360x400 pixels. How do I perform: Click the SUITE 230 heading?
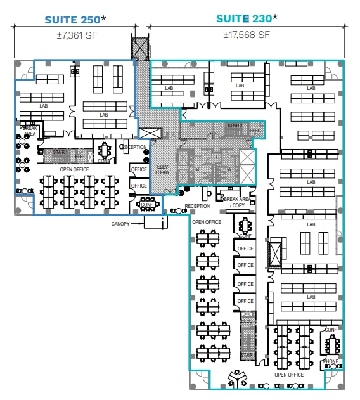pos(247,19)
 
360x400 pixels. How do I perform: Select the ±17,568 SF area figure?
pos(247,35)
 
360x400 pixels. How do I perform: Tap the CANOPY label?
pos(120,223)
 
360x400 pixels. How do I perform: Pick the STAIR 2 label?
pos(235,126)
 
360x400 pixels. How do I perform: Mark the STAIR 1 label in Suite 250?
pos(60,153)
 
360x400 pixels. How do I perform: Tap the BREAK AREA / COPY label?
pos(236,202)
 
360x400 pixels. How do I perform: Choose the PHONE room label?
pos(331,362)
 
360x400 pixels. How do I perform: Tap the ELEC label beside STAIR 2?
pos(255,131)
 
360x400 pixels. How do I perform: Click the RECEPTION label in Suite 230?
pos(197,207)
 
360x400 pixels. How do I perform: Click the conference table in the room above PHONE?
pos(331,345)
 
